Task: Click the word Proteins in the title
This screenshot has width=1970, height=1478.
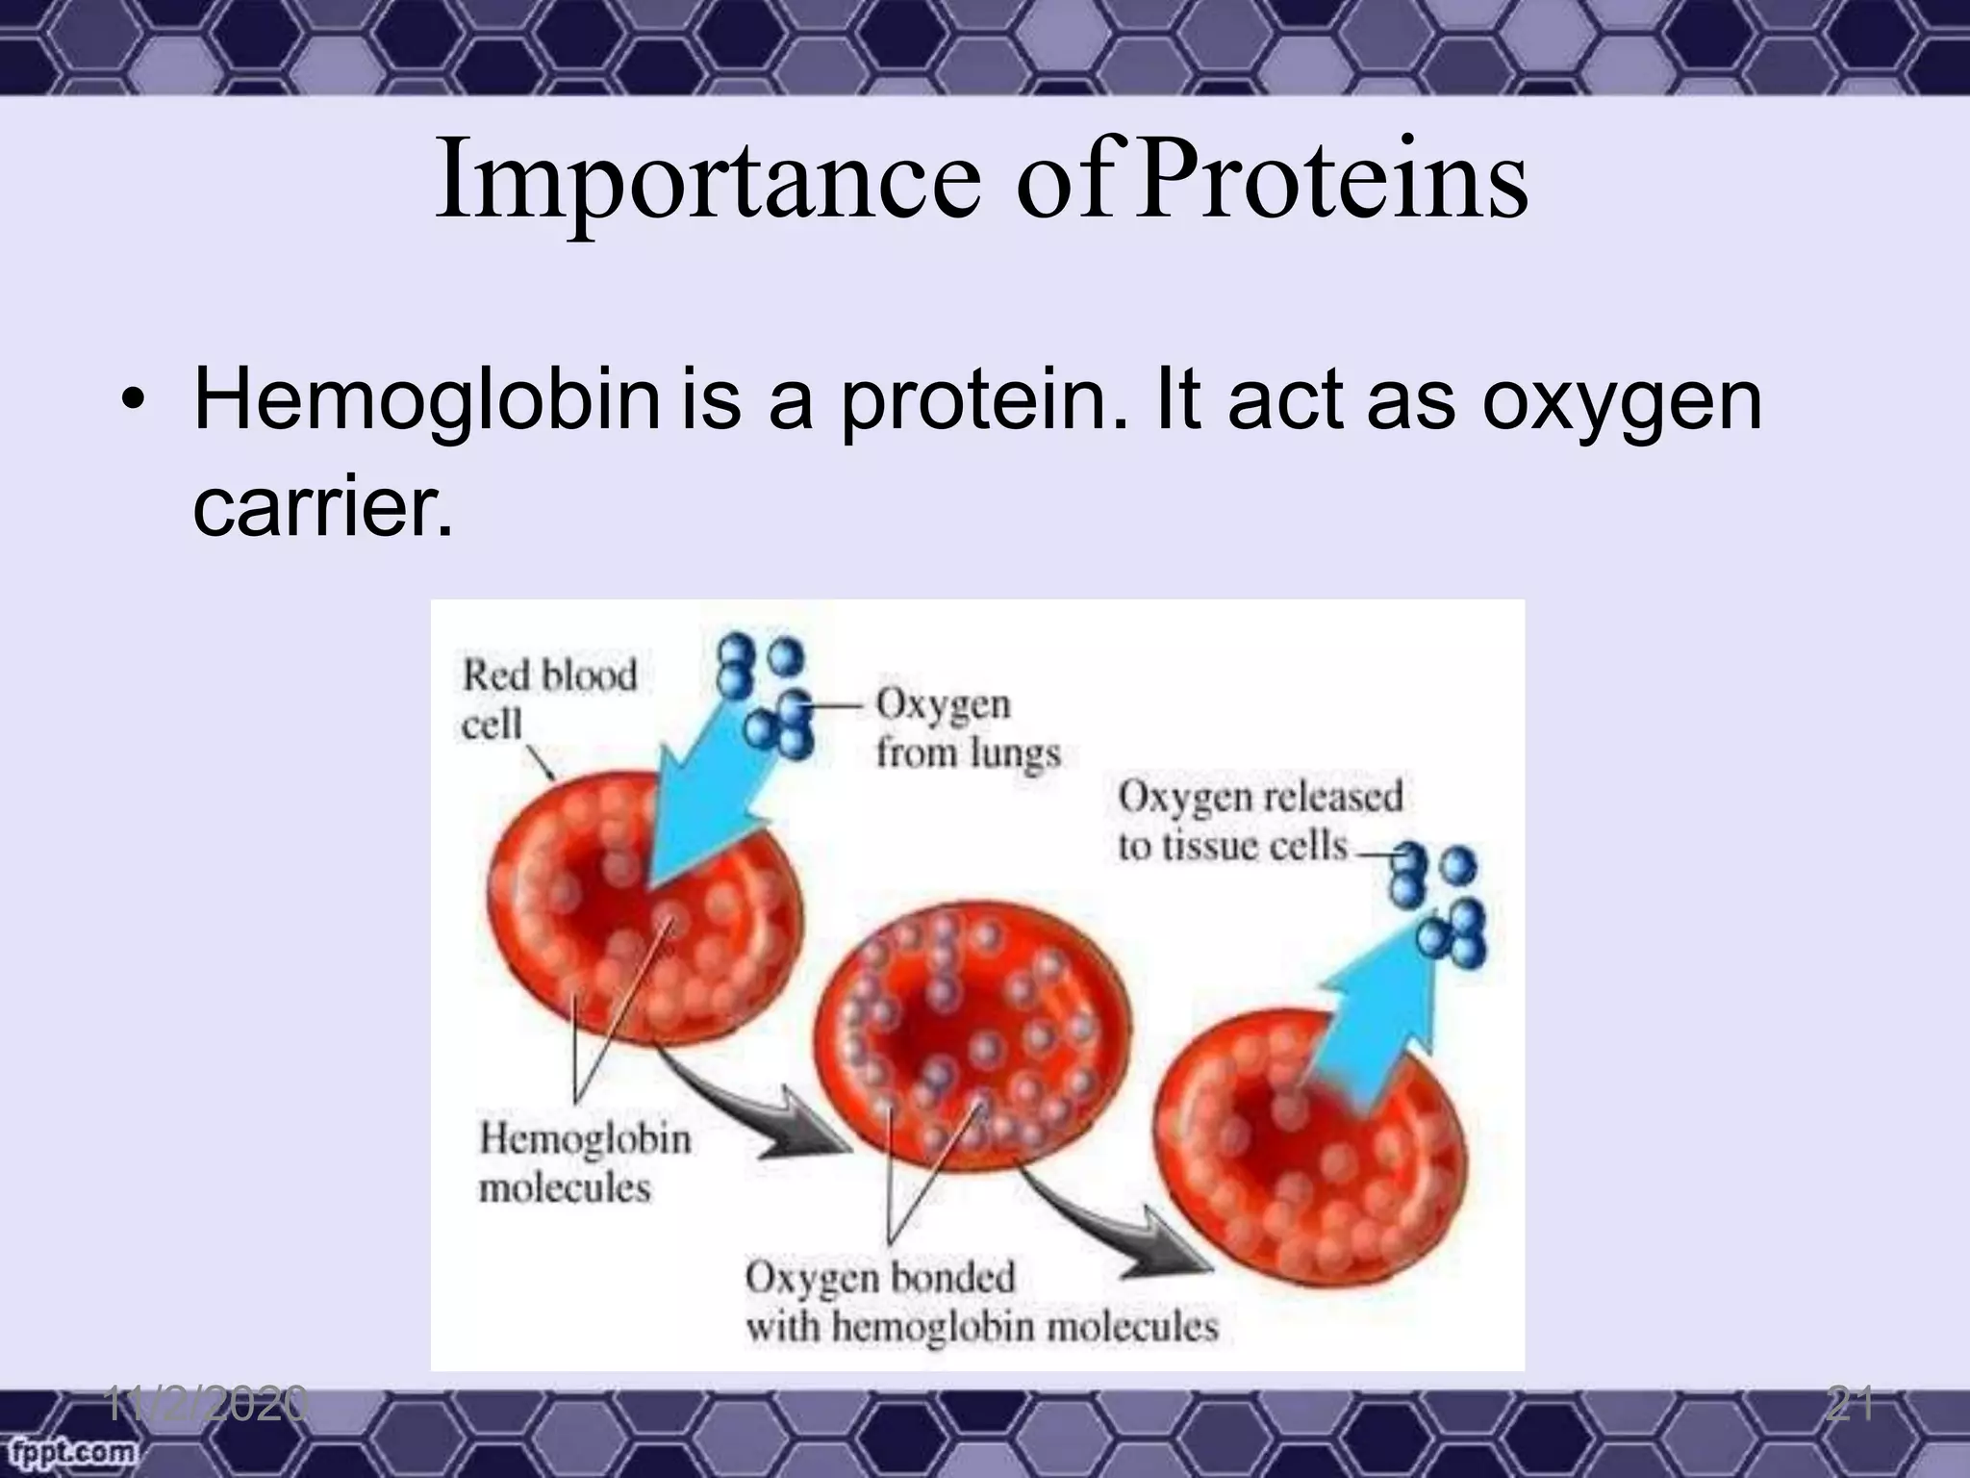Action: coord(1332,181)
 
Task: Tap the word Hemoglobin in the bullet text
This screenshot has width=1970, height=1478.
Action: coord(426,401)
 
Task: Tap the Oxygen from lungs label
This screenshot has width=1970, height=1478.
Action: coord(966,728)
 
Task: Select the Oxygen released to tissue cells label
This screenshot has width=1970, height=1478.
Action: coord(1258,821)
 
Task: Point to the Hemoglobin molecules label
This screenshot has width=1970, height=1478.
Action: coord(584,1163)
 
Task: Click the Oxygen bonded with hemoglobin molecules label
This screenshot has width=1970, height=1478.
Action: coord(980,1302)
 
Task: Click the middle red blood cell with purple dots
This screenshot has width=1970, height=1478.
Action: coord(972,1039)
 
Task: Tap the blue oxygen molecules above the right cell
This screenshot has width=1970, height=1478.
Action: coord(1439,905)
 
